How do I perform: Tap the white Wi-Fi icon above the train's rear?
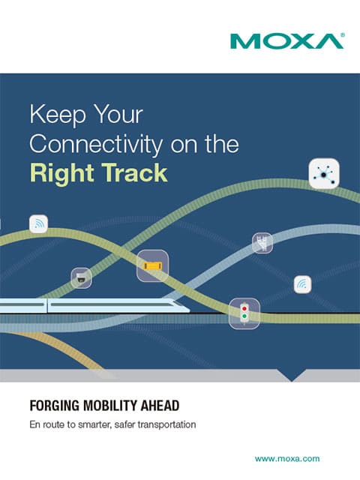pyautogui.click(x=38, y=223)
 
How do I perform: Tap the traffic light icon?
pyautogui.click(x=244, y=313)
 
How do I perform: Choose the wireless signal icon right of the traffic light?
pyautogui.click(x=301, y=284)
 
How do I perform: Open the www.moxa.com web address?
pyautogui.click(x=287, y=458)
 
